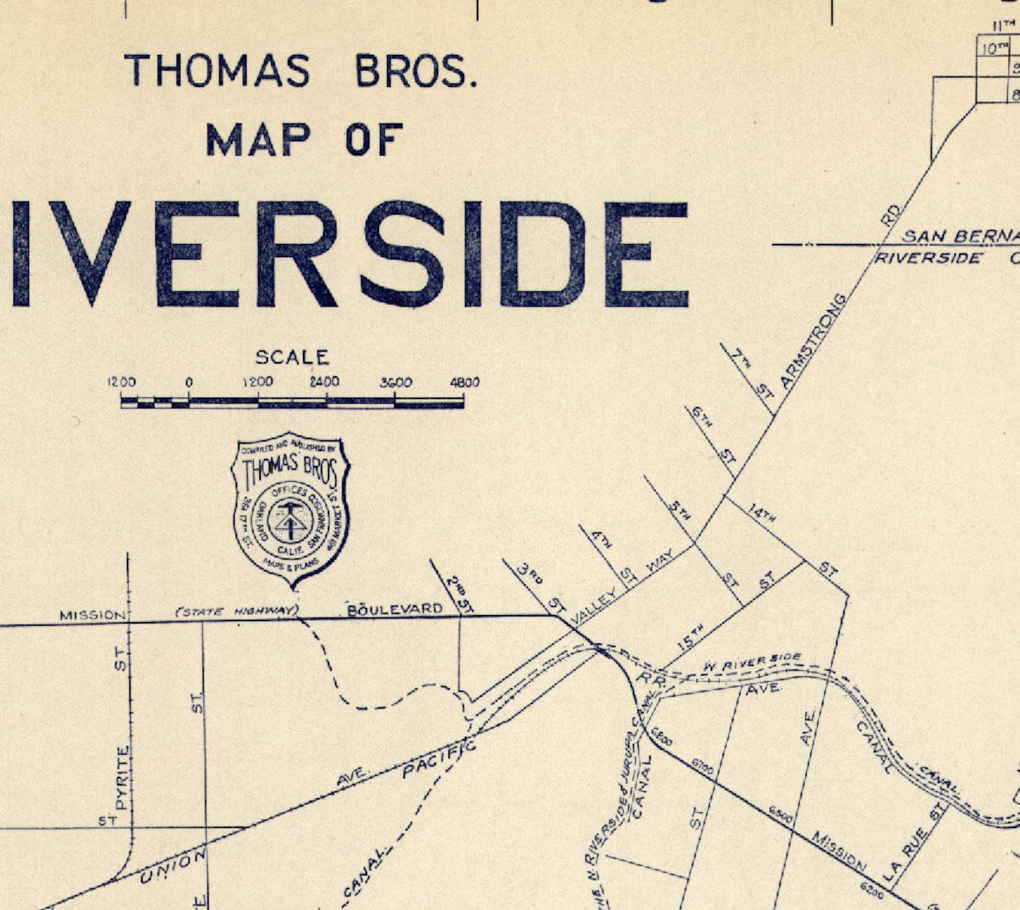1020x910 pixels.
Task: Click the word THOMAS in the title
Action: (x=216, y=70)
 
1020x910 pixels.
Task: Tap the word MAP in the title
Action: (x=258, y=139)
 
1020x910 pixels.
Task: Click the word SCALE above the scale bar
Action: (x=292, y=358)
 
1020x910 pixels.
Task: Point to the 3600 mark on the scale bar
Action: (x=395, y=383)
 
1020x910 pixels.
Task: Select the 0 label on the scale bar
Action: (x=189, y=383)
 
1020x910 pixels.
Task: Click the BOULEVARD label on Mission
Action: (x=394, y=608)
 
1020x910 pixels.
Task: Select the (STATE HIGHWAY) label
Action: (x=237, y=611)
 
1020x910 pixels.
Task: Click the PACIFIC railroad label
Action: (x=439, y=758)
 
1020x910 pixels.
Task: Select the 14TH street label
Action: (x=762, y=513)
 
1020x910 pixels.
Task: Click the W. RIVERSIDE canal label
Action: (x=752, y=663)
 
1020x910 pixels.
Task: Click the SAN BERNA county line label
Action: (x=960, y=236)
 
